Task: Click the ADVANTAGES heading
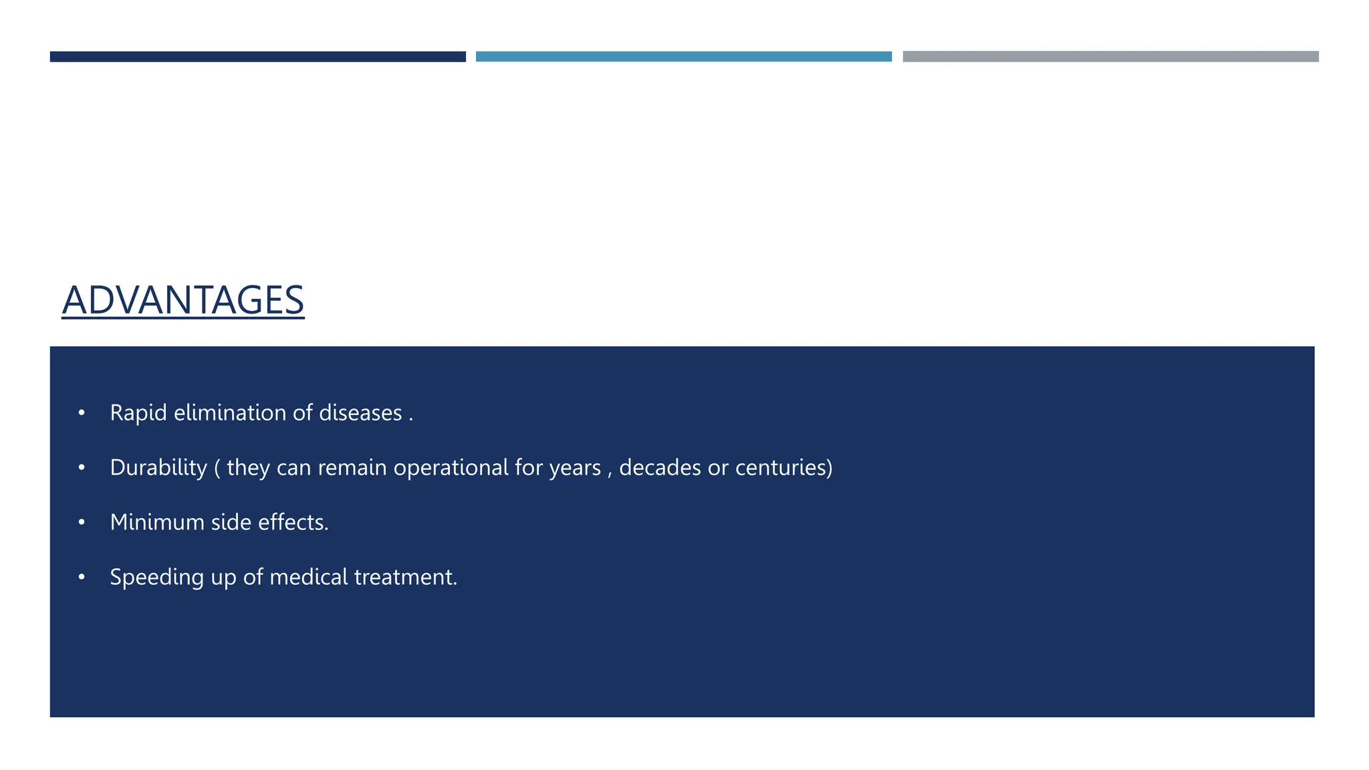tap(182, 300)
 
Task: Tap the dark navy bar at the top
tap(257, 57)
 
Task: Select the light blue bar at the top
tap(683, 57)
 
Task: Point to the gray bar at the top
tap(1110, 57)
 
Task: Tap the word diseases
tap(360, 413)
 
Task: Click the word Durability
tap(158, 468)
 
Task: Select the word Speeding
tap(156, 577)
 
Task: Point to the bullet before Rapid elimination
tap(82, 413)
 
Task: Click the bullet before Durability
tap(82, 468)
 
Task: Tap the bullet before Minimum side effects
tap(82, 523)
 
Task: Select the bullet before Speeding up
tap(82, 577)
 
